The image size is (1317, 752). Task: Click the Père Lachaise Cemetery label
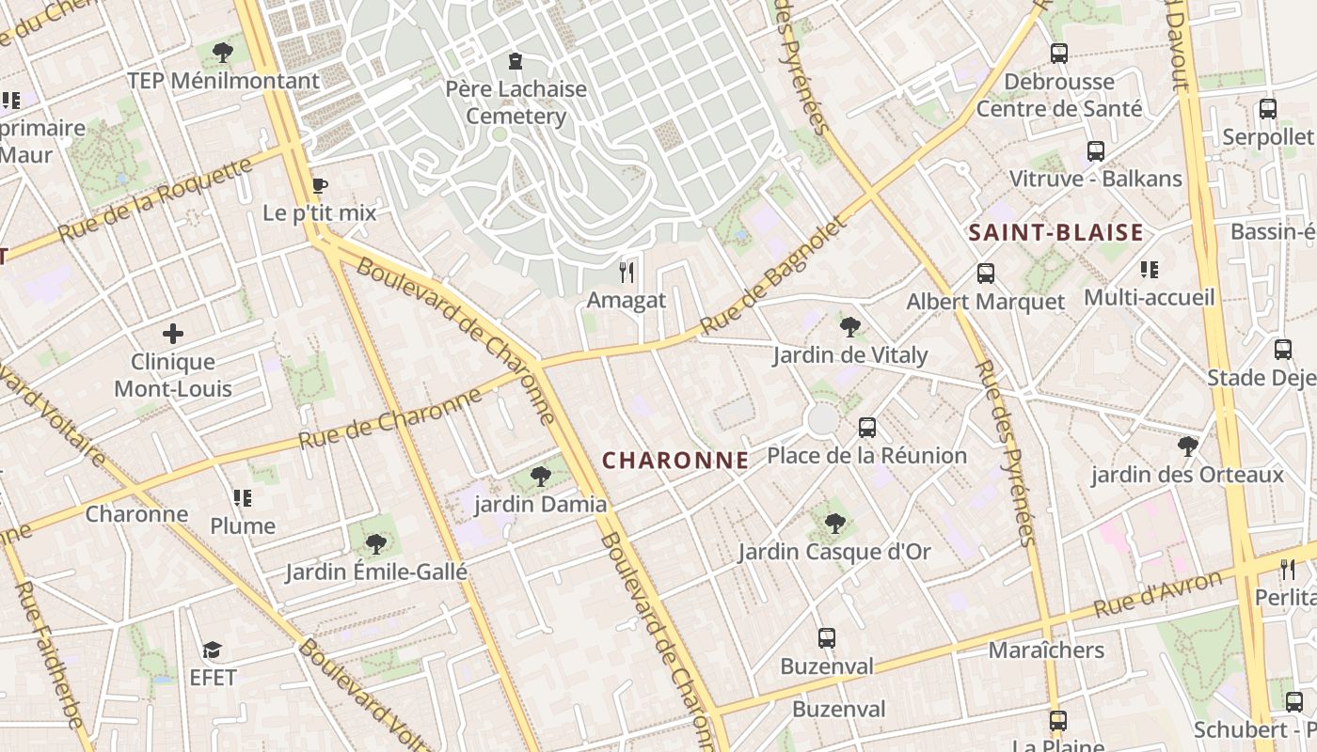(x=516, y=102)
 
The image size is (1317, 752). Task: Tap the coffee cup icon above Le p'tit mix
(x=320, y=185)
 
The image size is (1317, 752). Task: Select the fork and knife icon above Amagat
(x=627, y=273)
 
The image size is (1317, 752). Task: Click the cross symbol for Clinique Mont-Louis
(x=173, y=334)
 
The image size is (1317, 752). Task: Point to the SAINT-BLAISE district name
(x=1056, y=233)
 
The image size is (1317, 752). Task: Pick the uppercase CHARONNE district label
(x=675, y=461)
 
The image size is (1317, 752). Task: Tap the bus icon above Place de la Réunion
(x=867, y=428)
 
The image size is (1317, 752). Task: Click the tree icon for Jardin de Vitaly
(x=850, y=327)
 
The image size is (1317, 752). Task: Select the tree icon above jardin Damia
(x=541, y=477)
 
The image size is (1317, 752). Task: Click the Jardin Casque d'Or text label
(x=834, y=552)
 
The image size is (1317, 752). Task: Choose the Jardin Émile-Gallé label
(x=376, y=572)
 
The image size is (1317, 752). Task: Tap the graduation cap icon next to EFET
(x=213, y=650)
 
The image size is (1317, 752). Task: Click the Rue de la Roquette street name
(x=156, y=199)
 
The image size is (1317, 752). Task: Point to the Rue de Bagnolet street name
(x=774, y=276)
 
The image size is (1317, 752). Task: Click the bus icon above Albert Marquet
(x=986, y=274)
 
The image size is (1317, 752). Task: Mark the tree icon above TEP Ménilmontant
(x=223, y=53)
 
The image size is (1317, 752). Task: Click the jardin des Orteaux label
(x=1187, y=475)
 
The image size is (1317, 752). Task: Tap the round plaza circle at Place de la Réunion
(x=822, y=419)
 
